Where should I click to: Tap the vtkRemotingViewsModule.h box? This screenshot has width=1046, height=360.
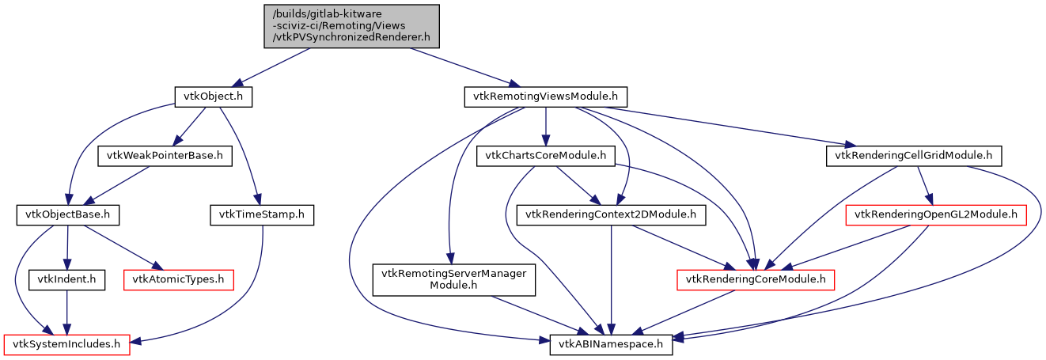545,97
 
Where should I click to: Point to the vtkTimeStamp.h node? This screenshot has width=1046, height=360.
262,214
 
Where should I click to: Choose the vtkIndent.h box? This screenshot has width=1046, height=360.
66,279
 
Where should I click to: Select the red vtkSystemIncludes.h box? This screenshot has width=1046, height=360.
67,344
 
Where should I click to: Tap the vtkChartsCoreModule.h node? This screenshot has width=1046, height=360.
546,155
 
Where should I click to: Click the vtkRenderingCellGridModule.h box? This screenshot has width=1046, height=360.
914,155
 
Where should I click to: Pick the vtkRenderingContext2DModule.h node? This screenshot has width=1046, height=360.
611,214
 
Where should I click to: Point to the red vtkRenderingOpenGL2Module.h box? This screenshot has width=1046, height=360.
936,214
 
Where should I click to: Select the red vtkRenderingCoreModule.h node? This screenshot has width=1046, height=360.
756,279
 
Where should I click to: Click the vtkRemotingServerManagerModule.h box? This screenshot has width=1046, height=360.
454,279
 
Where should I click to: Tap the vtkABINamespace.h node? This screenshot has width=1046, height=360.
612,344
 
